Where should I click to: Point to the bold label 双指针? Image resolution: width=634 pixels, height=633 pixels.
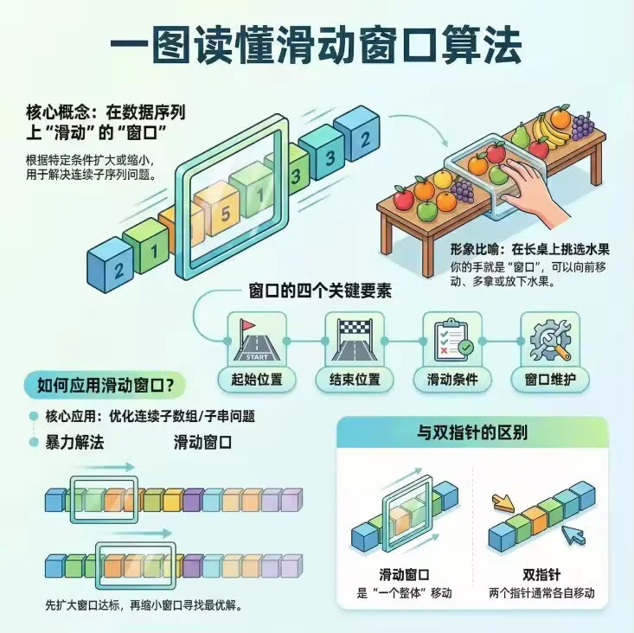point(541,574)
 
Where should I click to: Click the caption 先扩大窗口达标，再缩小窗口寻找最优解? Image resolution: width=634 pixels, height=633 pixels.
point(140,603)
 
